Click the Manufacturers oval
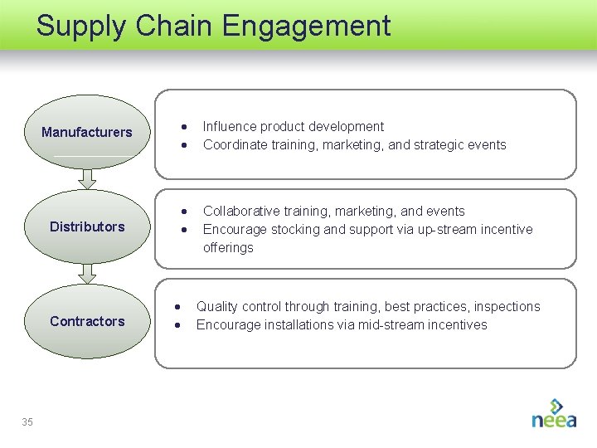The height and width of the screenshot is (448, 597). tap(87, 132)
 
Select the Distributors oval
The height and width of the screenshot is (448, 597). tap(87, 226)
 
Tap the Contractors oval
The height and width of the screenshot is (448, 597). tap(87, 321)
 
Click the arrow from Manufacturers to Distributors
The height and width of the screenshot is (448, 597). tap(87, 178)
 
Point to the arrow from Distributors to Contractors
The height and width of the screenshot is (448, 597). tap(87, 273)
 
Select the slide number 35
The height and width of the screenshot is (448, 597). tap(27, 422)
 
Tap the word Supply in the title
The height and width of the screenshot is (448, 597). tap(80, 26)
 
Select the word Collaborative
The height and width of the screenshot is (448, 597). tap(241, 212)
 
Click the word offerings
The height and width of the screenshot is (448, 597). tap(228, 248)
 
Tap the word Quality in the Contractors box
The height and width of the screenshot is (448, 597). tap(216, 307)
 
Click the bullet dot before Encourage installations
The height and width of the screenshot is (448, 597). tap(178, 325)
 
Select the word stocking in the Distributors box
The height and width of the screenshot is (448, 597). tap(295, 230)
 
